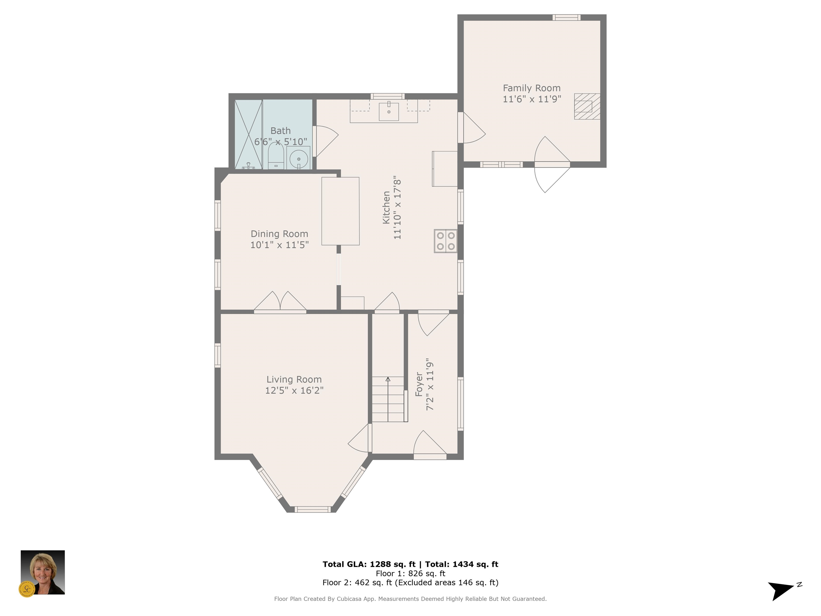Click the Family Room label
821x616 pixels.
[x=532, y=88]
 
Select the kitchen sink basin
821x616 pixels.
[x=389, y=111]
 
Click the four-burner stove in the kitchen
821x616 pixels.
[x=446, y=241]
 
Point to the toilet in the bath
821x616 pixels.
[x=276, y=156]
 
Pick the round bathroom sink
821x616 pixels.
[x=299, y=159]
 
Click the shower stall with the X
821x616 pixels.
[x=248, y=134]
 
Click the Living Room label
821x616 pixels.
[x=294, y=379]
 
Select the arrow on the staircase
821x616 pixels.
[x=388, y=399]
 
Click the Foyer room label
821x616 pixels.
[x=419, y=384]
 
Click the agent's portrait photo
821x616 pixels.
[x=43, y=572]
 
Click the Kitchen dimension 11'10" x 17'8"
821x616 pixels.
[x=397, y=207]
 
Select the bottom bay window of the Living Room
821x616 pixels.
[x=312, y=509]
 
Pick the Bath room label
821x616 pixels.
[x=281, y=131]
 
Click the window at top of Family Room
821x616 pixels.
[x=566, y=17]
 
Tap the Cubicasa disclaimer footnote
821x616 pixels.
[x=410, y=599]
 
